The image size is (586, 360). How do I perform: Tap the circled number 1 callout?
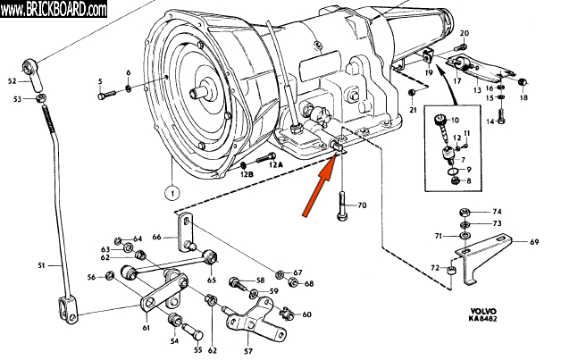click(x=169, y=189)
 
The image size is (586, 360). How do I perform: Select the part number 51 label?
click(x=40, y=265)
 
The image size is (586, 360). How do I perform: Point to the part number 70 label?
click(x=362, y=205)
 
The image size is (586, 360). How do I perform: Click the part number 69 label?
click(x=534, y=242)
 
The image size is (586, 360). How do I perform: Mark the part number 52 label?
click(x=13, y=80)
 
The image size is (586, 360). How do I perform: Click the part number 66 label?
click(x=156, y=237)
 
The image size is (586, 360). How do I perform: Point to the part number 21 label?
click(x=413, y=109)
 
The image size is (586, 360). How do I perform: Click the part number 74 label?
click(x=497, y=211)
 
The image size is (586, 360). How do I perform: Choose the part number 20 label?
click(x=463, y=33)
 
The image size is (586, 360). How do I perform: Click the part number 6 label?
click(x=128, y=72)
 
